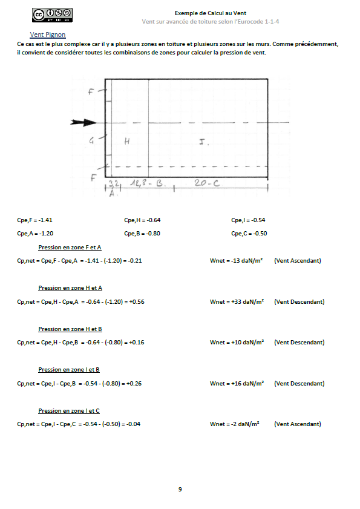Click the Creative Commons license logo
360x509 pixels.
point(52,15)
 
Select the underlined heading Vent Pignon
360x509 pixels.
point(48,35)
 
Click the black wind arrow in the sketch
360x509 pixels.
point(82,122)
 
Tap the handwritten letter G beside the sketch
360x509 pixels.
point(91,140)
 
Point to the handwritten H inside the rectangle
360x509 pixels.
point(127,141)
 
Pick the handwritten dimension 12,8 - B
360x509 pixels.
point(145,182)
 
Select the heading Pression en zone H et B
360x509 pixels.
point(70,329)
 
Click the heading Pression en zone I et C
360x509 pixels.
point(69,411)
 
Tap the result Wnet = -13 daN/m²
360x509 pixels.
point(236,261)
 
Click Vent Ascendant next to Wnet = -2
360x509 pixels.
point(297,424)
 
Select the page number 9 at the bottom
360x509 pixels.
point(180,489)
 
